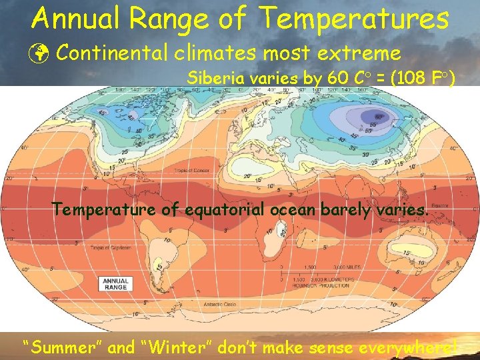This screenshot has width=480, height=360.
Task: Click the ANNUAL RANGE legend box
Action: [x=115, y=283]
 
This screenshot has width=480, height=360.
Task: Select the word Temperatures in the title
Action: [x=354, y=19]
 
